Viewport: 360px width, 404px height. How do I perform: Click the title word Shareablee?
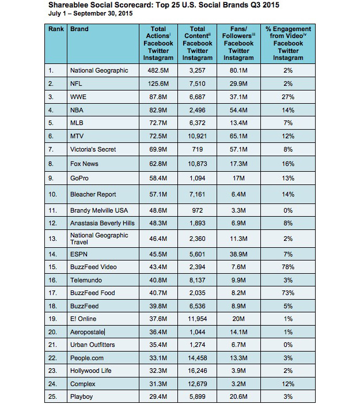click(x=68, y=6)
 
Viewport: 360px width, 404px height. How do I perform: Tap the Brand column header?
click(x=79, y=29)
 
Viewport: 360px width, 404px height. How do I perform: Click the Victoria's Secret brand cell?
click(x=93, y=149)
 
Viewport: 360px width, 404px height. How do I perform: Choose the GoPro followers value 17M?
click(x=238, y=179)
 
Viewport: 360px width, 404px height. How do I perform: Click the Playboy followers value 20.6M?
click(x=238, y=397)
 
